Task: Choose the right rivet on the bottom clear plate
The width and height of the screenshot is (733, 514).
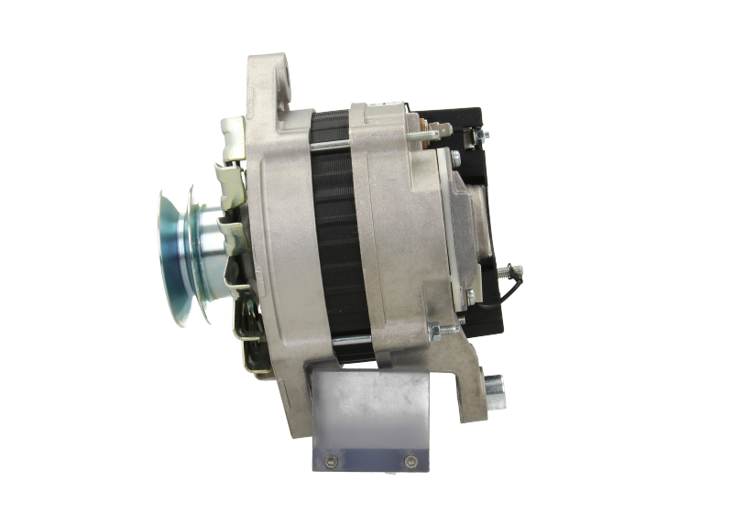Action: [x=410, y=460]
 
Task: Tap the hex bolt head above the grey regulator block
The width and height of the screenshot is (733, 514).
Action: [x=454, y=159]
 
